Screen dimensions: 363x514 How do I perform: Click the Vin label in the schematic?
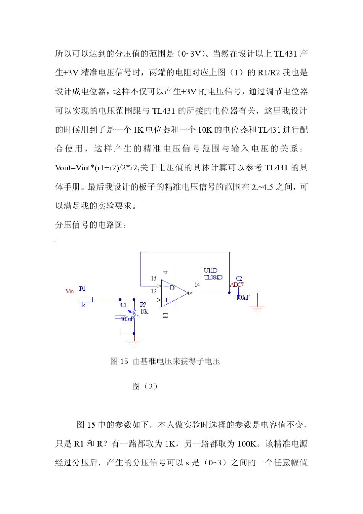click(x=70, y=292)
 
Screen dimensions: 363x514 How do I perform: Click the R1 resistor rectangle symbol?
click(x=86, y=300)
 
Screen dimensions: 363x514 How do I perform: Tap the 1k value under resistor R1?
click(x=82, y=305)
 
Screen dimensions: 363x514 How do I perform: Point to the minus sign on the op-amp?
click(x=166, y=287)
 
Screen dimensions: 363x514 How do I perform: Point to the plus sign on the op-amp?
click(x=166, y=300)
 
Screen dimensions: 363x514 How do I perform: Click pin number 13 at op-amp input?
click(x=154, y=278)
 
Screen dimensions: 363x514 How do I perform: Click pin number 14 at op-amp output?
click(x=197, y=285)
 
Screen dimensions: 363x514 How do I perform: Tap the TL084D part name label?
click(x=213, y=277)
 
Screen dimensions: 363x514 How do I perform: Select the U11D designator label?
click(x=211, y=271)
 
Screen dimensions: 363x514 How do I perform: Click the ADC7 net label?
click(x=237, y=285)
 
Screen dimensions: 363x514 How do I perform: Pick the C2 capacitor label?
click(x=239, y=279)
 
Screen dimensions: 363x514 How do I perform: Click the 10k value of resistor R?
click(x=144, y=312)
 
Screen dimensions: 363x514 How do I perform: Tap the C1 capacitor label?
click(x=123, y=305)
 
